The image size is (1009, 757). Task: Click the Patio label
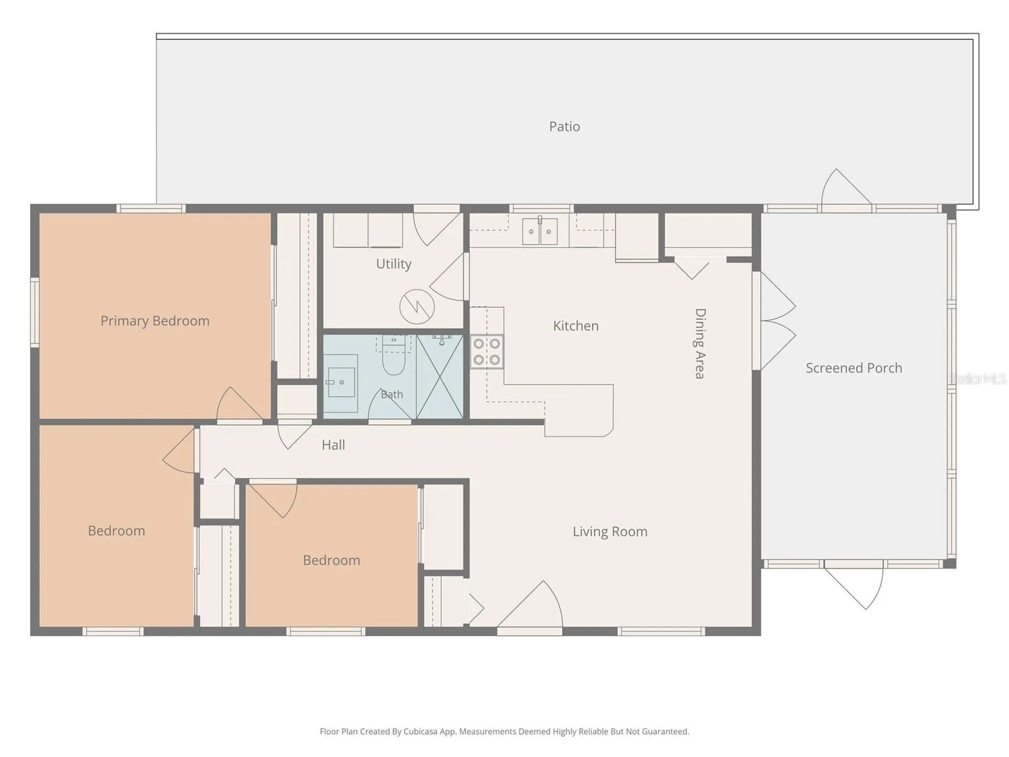[x=564, y=127]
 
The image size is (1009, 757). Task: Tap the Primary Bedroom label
[x=155, y=321]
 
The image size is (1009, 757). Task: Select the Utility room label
[x=394, y=264]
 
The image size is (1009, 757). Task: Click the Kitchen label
[x=575, y=326]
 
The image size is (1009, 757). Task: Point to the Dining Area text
[x=700, y=343]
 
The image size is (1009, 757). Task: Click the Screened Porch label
[x=854, y=368]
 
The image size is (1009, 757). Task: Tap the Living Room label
[x=610, y=531]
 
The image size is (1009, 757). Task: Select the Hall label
[x=333, y=445]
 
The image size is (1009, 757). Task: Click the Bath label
[x=392, y=394]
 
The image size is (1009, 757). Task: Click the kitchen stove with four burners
[x=487, y=352]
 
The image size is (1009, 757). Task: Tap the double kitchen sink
[x=540, y=231]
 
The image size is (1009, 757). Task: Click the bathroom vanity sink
[x=341, y=382]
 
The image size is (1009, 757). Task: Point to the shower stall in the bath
[x=440, y=376]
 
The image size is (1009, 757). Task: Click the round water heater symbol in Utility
[x=417, y=306]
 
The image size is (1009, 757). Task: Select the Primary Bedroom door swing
[x=240, y=404]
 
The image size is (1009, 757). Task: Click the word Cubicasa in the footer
[x=420, y=731]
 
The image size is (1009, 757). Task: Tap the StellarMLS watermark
[x=977, y=378]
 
